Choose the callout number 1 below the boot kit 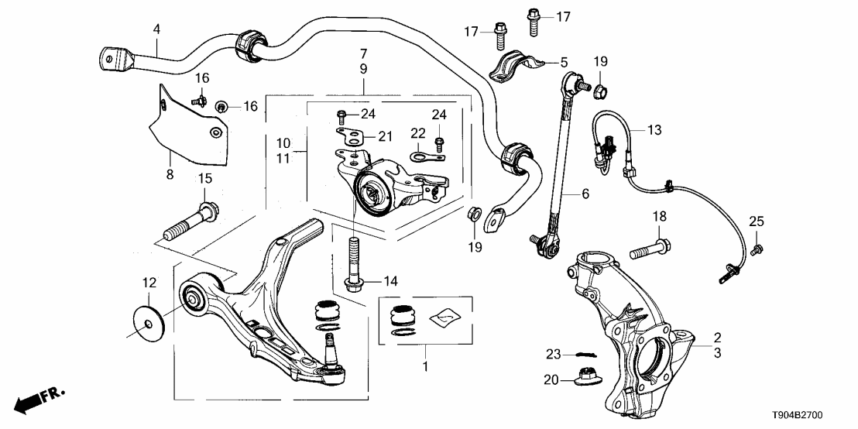[x=424, y=363]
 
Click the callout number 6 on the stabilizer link [x=585, y=195]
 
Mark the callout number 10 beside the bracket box [x=284, y=144]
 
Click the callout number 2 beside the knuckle [x=717, y=338]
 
